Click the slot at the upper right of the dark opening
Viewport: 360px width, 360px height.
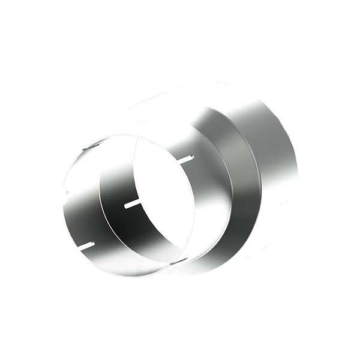(x=185, y=159)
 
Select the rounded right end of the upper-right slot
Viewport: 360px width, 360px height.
(x=192, y=157)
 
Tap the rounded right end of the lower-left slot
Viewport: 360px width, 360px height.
(x=93, y=243)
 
